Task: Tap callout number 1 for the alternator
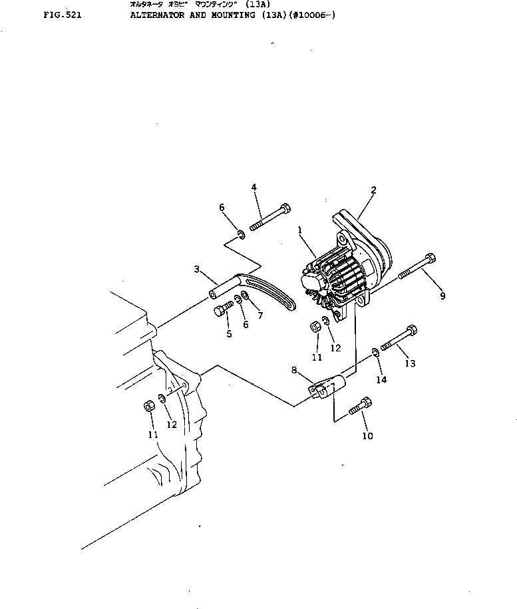(301, 230)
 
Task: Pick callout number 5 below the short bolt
(228, 334)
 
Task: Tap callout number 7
(260, 315)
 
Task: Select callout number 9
(443, 296)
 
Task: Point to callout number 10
(367, 436)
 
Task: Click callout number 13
(410, 363)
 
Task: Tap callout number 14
(382, 379)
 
